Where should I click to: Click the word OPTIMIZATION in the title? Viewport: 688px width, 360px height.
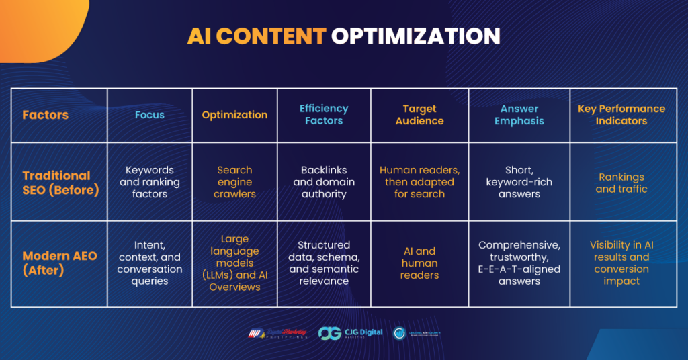coord(415,36)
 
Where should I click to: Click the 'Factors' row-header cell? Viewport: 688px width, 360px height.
coord(46,115)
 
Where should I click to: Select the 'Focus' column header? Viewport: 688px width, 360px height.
coord(150,115)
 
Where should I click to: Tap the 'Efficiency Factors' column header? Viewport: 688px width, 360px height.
coord(324,115)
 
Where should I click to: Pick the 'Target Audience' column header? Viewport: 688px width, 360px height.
coord(419,115)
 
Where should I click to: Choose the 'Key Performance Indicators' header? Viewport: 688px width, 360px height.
coord(621,115)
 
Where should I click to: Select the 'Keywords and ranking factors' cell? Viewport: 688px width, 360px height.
coord(150,182)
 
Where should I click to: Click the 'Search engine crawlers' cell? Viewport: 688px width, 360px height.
coord(234,182)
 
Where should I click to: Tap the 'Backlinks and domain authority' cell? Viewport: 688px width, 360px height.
coord(324,182)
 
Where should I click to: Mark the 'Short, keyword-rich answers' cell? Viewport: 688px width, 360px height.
coord(519,182)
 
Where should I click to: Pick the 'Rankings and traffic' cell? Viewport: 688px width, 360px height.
coord(621,183)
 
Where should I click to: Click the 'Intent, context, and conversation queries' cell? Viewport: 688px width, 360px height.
coord(150,263)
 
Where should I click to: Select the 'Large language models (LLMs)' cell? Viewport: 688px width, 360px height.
coord(234,263)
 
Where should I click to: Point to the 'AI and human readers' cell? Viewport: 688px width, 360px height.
coord(419,263)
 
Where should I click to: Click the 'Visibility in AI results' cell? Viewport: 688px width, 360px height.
coord(621,263)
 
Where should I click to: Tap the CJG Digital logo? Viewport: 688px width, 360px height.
coord(349,333)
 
